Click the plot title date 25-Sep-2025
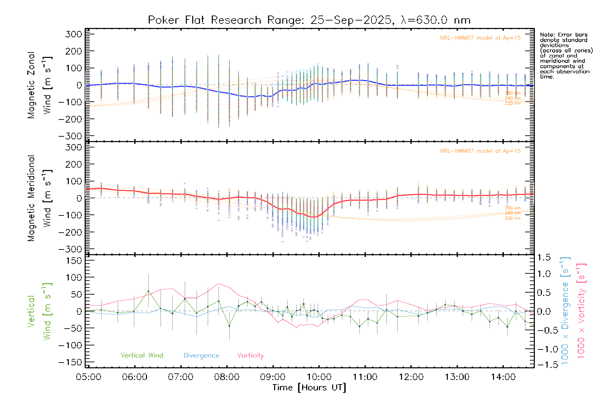tap(351, 20)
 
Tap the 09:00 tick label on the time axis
tap(273, 377)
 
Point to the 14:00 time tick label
tap(503, 377)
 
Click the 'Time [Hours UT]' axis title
tap(309, 388)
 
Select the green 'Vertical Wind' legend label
tap(142, 356)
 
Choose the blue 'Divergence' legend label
tap(201, 356)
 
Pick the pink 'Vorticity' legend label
tap(250, 356)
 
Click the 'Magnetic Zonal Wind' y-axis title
tap(40, 85)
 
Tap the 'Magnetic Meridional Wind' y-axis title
tap(40, 198)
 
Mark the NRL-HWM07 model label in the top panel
tap(480, 38)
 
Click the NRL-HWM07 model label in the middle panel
tap(480, 151)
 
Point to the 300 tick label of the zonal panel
tap(74, 34)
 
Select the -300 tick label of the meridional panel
tap(70, 249)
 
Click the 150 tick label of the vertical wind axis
tap(74, 261)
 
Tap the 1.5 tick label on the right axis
tap(544, 258)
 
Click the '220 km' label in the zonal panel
tap(513, 103)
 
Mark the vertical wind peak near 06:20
tap(148, 291)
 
